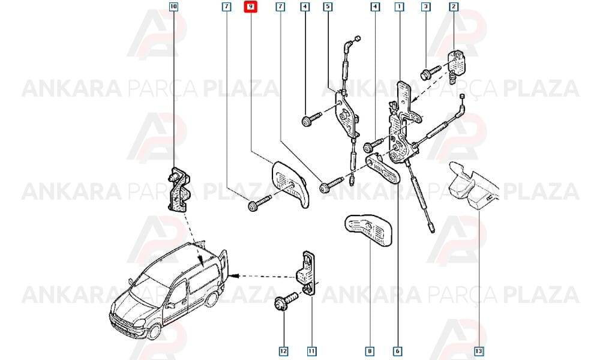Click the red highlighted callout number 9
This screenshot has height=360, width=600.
(251, 7)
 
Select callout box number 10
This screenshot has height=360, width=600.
(173, 7)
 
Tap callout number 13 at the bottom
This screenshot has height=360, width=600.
(479, 351)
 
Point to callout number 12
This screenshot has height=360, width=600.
(284, 351)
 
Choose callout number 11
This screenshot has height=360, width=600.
(312, 351)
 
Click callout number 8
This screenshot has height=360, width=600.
(370, 351)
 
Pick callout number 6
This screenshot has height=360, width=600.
(398, 351)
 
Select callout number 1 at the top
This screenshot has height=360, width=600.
(400, 7)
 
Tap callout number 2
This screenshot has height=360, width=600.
(454, 7)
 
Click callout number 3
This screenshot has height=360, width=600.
(425, 7)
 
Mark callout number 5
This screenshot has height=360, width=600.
(328, 7)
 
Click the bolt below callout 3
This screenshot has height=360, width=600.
(430, 73)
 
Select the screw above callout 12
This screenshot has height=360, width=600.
(286, 301)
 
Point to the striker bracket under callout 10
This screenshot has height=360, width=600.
(179, 190)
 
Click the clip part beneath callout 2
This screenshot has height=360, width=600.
(458, 65)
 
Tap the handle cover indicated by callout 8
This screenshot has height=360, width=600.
(368, 229)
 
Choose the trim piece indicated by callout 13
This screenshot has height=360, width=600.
(474, 186)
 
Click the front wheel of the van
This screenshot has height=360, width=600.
(155, 331)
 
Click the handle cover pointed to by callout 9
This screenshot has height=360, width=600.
(290, 184)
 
